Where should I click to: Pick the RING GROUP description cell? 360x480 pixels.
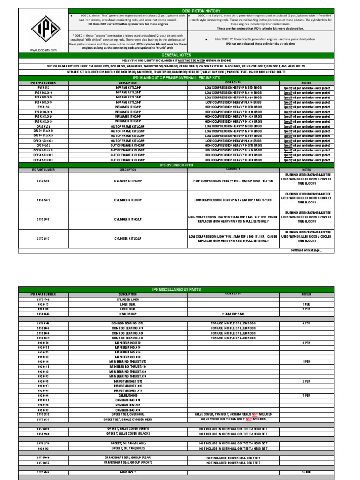coord(127,313)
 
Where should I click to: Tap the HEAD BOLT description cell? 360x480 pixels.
coord(127,472)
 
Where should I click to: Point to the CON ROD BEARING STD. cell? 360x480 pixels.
coord(127,323)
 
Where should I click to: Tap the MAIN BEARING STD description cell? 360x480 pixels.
coord(127,342)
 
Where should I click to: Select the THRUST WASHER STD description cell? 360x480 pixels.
coord(127,381)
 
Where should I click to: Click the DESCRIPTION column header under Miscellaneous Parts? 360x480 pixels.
coord(127,294)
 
